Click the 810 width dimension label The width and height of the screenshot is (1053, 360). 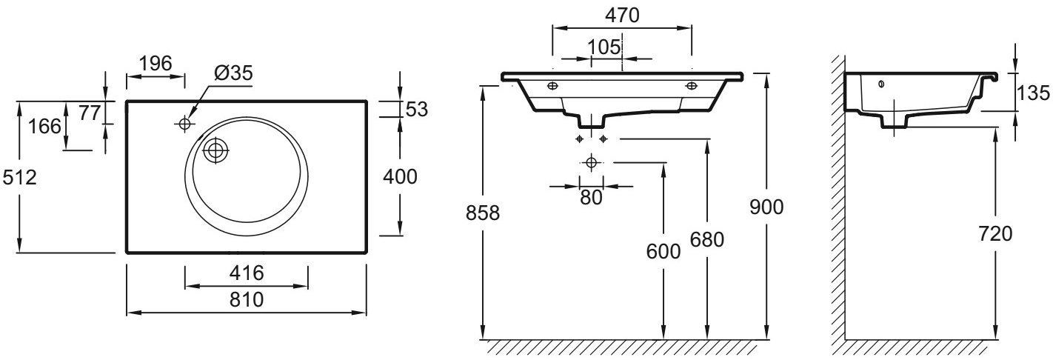(x=247, y=299)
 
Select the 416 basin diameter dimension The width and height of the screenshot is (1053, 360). (x=247, y=273)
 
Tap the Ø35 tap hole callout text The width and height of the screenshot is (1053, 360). (x=233, y=73)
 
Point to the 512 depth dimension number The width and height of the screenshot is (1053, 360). (x=19, y=177)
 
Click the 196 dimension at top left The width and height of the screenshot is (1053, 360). (x=156, y=63)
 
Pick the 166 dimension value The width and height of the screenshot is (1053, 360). (x=44, y=126)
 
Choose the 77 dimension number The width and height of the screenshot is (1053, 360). (x=90, y=113)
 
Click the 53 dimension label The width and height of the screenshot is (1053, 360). (x=416, y=109)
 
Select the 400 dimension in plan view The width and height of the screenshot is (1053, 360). (x=400, y=177)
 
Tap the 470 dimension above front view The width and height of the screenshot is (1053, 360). (x=622, y=16)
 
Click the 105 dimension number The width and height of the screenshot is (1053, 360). (x=604, y=47)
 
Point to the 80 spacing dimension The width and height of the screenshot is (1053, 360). (x=591, y=198)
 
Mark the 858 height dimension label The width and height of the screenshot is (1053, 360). (x=482, y=213)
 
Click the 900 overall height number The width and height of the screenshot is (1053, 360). (x=766, y=207)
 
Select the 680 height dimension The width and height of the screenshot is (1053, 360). (x=706, y=240)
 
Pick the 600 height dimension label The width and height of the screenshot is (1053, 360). (x=663, y=251)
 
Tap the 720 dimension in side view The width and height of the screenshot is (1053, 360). (x=995, y=233)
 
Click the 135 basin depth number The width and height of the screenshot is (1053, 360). (x=1033, y=93)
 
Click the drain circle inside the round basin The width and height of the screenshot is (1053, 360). (x=215, y=150)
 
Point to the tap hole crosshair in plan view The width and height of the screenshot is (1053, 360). (x=184, y=124)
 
